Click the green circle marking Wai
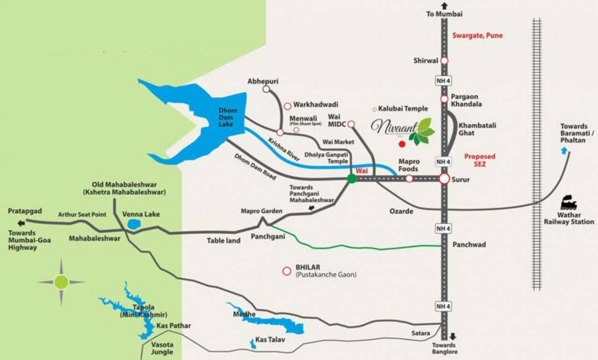point(351,178)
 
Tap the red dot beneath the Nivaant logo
point(402,144)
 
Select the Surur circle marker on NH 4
point(444,179)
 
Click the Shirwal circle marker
point(444,60)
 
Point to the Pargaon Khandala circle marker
point(444,99)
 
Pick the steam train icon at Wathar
point(569,204)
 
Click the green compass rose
point(61,282)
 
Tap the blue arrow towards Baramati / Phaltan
point(564,150)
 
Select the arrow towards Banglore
point(453,336)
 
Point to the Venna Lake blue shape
point(134,224)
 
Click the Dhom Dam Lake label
point(228,117)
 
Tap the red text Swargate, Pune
point(477,36)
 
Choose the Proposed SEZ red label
point(479,160)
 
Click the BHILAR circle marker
point(286,271)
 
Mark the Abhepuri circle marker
point(266,89)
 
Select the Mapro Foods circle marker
point(409,179)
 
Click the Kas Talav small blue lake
point(253,344)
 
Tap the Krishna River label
point(284,150)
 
